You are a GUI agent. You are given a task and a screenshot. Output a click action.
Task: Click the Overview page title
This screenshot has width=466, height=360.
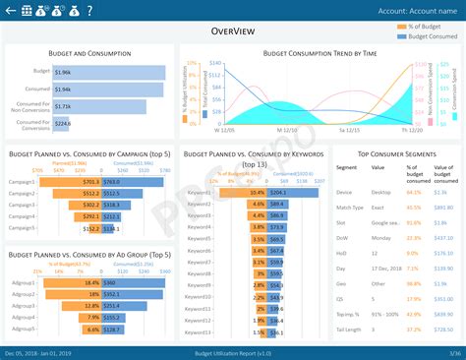[233, 31]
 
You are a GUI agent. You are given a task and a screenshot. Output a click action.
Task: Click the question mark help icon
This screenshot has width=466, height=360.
[90, 11]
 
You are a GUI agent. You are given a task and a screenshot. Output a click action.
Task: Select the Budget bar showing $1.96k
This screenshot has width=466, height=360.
[109, 72]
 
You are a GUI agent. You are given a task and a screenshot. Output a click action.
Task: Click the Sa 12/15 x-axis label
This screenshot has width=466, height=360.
[349, 128]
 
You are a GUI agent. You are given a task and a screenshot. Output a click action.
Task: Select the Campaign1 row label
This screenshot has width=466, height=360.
[22, 181]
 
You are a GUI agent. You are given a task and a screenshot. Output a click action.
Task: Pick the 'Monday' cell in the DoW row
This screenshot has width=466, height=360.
[381, 238]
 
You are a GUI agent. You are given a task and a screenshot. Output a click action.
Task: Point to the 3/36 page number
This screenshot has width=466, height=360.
[454, 352]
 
